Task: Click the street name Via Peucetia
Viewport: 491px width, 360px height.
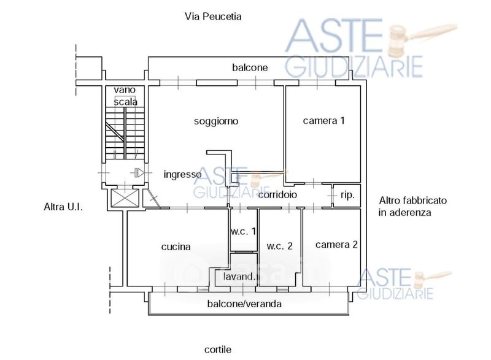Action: [213, 17]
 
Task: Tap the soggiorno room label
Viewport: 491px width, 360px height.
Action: [216, 121]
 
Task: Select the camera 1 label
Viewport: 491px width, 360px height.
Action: [323, 121]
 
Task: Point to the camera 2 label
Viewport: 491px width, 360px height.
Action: [336, 245]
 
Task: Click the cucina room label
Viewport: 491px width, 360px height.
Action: [176, 247]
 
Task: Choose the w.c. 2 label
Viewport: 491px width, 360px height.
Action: [279, 247]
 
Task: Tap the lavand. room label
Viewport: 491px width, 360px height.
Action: [239, 277]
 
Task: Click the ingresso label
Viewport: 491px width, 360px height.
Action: [182, 174]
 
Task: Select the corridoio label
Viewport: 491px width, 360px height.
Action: [277, 194]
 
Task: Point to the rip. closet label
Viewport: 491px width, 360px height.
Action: [347, 194]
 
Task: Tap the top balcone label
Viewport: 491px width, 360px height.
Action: [250, 67]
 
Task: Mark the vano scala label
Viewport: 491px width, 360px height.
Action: [125, 96]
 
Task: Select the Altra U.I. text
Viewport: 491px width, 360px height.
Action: [63, 207]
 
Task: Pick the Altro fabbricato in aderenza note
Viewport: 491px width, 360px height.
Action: [412, 207]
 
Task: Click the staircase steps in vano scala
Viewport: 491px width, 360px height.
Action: [125, 132]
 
